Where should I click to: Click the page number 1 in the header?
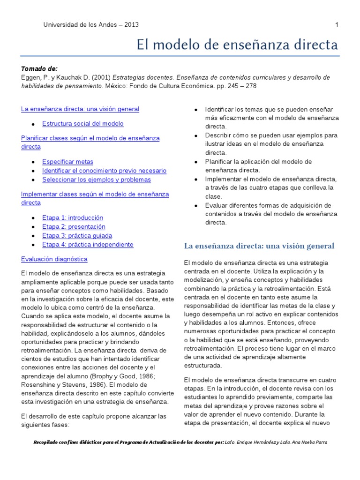337,25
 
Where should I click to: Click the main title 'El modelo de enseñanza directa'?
237,45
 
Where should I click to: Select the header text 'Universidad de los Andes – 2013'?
91,25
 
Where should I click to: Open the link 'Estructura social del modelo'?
82,124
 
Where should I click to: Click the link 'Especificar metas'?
67,162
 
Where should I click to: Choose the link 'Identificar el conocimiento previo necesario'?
104,171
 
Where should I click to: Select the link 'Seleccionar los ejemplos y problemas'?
97,180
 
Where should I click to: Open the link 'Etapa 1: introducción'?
73,218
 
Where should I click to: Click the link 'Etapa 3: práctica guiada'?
77,236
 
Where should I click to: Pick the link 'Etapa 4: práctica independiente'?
88,245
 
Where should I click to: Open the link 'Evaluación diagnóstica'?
54,259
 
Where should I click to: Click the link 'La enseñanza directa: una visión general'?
80,109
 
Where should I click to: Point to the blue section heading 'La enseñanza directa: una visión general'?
259,246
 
